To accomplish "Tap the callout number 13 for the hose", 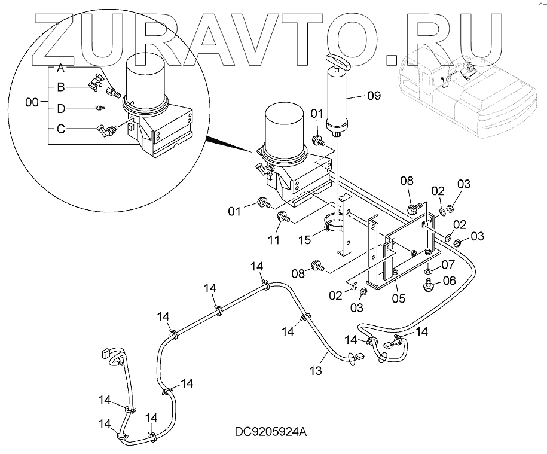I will click(316, 371).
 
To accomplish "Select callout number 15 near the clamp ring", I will click(305, 240).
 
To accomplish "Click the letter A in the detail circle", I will click(61, 69).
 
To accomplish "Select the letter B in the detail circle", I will click(60, 87).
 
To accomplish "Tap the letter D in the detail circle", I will click(60, 108).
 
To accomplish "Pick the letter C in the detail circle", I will click(60, 128).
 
